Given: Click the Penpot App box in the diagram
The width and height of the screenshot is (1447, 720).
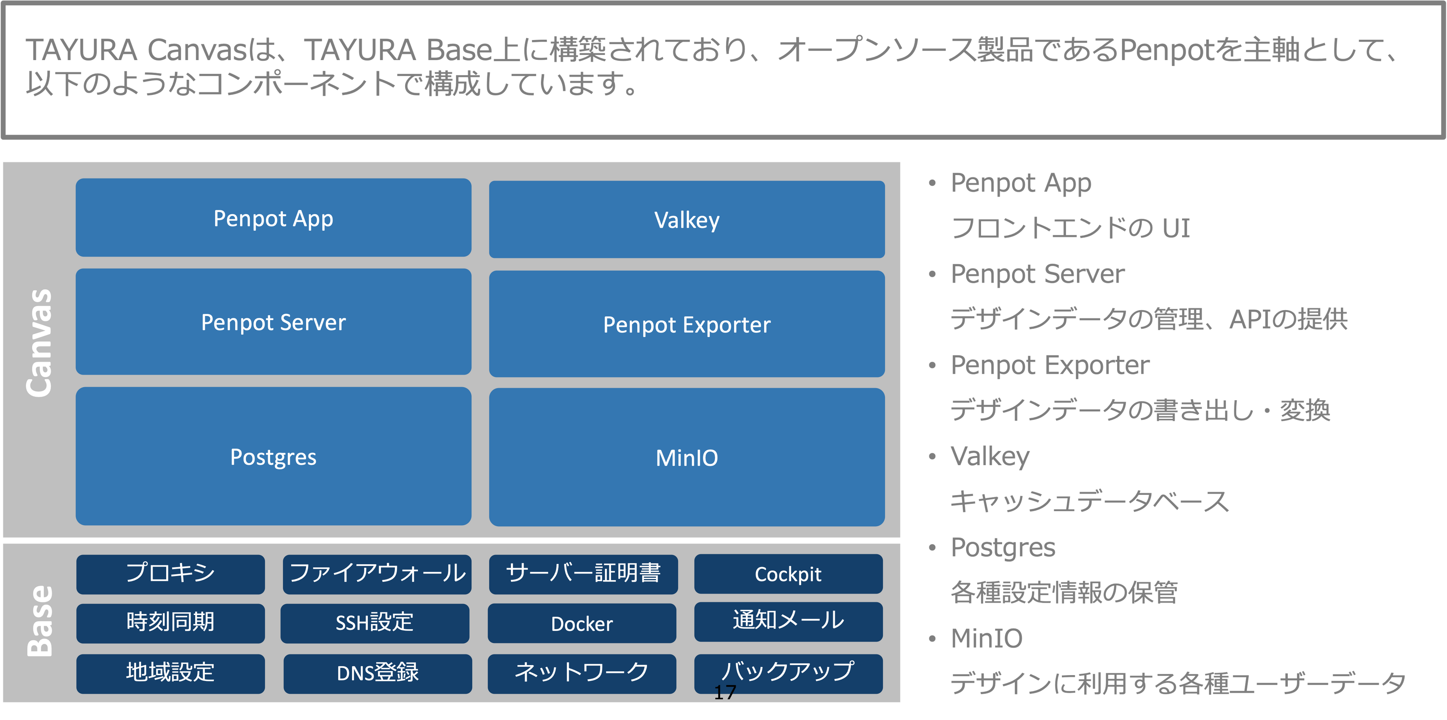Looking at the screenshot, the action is [x=273, y=218].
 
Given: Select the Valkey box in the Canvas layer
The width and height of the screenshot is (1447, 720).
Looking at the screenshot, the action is [x=686, y=220].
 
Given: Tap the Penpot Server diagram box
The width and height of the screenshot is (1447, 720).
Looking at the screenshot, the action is [x=273, y=322].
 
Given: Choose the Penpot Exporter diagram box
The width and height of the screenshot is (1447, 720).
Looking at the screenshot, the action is [x=686, y=324].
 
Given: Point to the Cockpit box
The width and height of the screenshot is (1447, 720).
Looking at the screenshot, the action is [x=788, y=574].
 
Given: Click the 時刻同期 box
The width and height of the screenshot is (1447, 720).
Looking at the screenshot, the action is [x=170, y=623].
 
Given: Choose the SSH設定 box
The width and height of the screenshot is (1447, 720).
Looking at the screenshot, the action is [x=375, y=623].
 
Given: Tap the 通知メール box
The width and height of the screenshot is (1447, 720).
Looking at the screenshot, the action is [x=788, y=621].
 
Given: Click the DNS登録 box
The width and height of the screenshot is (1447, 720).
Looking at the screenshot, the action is [x=377, y=673].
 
